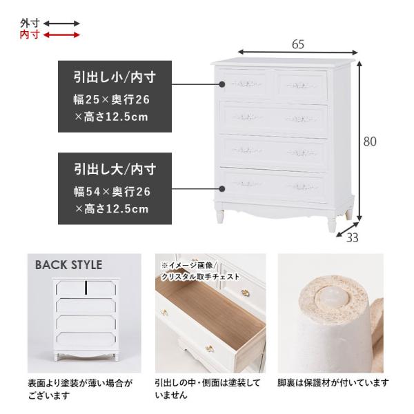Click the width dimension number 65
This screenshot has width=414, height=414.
[298, 43]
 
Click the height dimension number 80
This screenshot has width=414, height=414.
[370, 141]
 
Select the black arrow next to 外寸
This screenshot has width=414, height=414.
[62, 23]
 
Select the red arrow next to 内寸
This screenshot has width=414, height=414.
[62, 34]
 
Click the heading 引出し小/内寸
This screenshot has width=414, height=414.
[114, 76]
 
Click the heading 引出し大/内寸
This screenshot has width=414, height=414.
[114, 168]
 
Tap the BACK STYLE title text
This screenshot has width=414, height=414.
[68, 265]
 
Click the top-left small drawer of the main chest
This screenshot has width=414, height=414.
[247, 84]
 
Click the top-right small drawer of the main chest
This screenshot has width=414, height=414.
[302, 86]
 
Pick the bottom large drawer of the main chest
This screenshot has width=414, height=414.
[273, 184]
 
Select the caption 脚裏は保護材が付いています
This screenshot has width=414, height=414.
[333, 382]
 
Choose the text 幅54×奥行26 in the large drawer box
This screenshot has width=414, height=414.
[111, 191]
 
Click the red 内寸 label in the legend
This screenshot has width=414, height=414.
[29, 34]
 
